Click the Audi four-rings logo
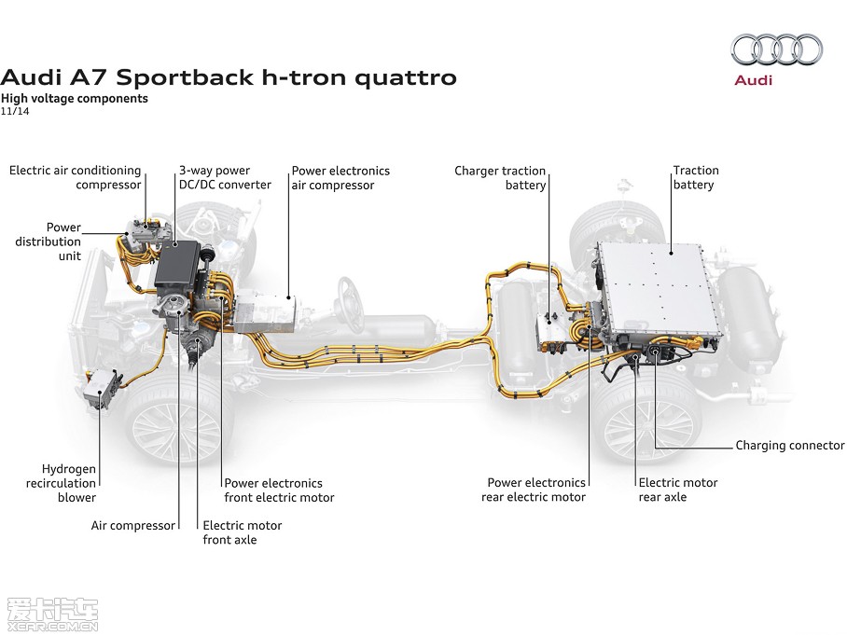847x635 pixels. (x=776, y=49)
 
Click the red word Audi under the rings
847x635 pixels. (x=754, y=80)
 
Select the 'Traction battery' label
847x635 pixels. (x=695, y=177)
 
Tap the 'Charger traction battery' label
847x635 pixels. (x=500, y=177)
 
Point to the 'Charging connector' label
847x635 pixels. (x=789, y=446)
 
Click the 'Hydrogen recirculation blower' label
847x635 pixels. (x=68, y=483)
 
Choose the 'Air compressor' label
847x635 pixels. (x=132, y=525)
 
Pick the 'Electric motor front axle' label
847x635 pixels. (x=242, y=532)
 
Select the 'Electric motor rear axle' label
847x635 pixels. (x=677, y=490)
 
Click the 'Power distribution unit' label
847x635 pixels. (x=49, y=242)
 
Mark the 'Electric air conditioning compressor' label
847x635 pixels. (x=76, y=177)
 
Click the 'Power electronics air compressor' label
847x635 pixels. (x=340, y=177)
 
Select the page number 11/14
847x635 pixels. (x=15, y=111)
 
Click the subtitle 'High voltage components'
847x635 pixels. (x=75, y=98)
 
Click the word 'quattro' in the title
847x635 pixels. (x=408, y=76)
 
